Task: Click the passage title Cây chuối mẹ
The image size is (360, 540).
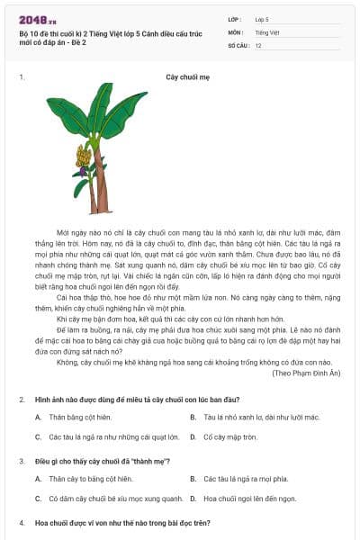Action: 187,77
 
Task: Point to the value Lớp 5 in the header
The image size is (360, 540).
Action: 263,18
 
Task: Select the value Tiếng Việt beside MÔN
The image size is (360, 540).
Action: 267,31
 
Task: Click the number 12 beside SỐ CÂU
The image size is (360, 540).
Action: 258,44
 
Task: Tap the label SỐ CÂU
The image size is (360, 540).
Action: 239,44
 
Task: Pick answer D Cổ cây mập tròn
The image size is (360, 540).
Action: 230,437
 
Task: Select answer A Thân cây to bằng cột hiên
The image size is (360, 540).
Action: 90,479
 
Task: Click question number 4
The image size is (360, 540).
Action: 21,522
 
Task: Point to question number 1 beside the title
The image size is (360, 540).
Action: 21,77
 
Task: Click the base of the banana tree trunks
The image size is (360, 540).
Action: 98,211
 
